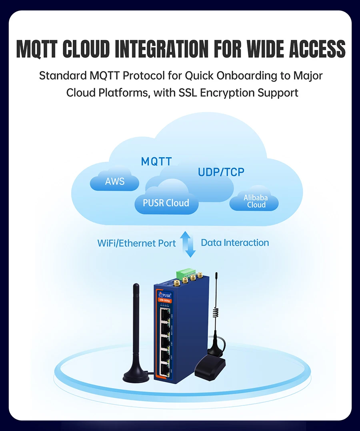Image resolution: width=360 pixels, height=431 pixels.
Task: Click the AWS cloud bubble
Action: (x=115, y=182)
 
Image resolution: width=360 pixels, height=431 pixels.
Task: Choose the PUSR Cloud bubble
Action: (x=166, y=203)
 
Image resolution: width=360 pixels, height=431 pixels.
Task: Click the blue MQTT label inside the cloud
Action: (x=156, y=162)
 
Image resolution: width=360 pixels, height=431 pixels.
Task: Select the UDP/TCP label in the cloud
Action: (x=221, y=172)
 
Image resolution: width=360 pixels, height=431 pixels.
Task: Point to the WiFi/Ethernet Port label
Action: (x=136, y=243)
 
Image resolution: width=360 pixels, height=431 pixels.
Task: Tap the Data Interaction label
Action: (x=235, y=243)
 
